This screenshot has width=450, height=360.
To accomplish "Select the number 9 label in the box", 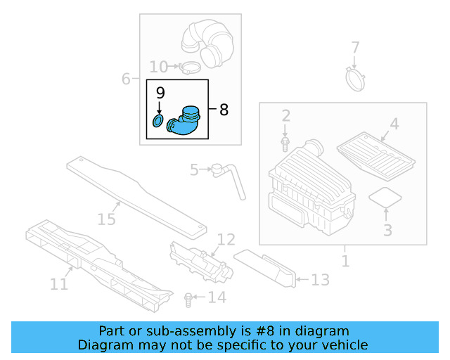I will point(160,92).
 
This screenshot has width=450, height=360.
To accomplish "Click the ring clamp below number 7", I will point(357,76).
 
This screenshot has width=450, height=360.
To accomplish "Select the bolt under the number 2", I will point(285,143).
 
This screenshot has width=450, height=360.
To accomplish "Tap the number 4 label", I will point(394,124).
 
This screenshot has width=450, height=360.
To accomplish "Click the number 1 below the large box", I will point(345,262).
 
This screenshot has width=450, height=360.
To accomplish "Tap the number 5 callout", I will point(195,169).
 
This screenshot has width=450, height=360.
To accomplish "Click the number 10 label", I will point(158,67).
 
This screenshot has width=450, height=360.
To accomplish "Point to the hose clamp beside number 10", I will point(189,67).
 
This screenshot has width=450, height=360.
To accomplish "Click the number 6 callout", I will point(126,79).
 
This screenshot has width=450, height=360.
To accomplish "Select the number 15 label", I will point(105,220).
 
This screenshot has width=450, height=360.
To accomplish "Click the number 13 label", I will point(320,281).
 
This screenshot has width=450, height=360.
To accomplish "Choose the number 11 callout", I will point(59,283).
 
